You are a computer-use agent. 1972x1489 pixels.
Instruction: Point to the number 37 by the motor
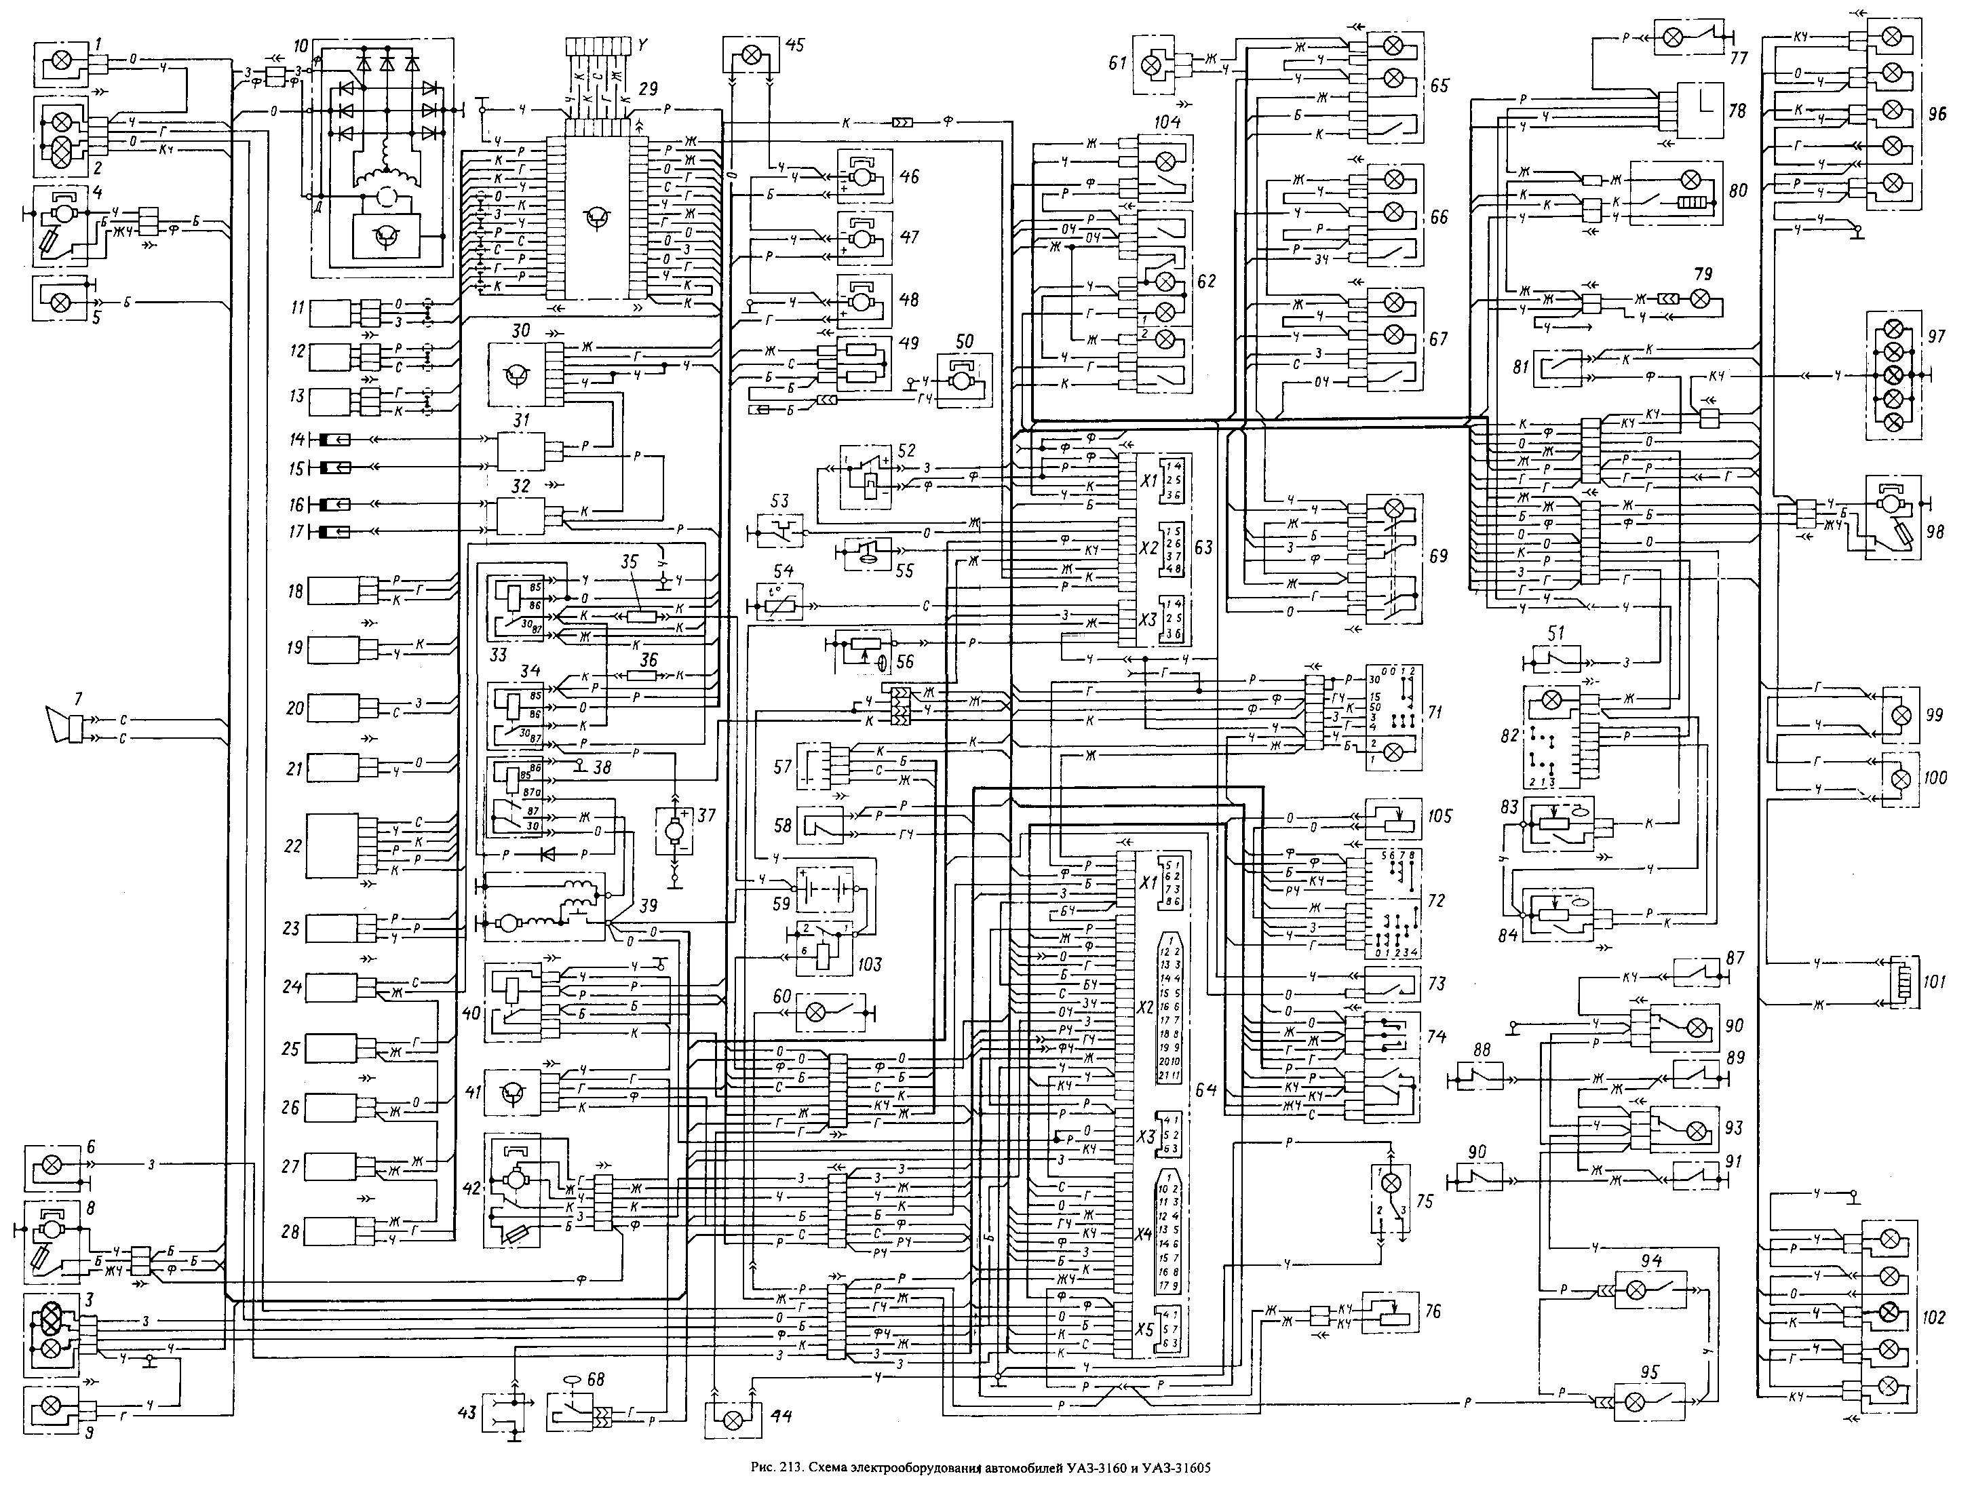point(706,815)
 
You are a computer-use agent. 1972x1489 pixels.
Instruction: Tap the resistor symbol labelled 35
point(634,616)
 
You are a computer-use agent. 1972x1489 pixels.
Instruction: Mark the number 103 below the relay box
point(866,964)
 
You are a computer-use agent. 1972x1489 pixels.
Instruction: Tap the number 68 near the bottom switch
point(595,1379)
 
